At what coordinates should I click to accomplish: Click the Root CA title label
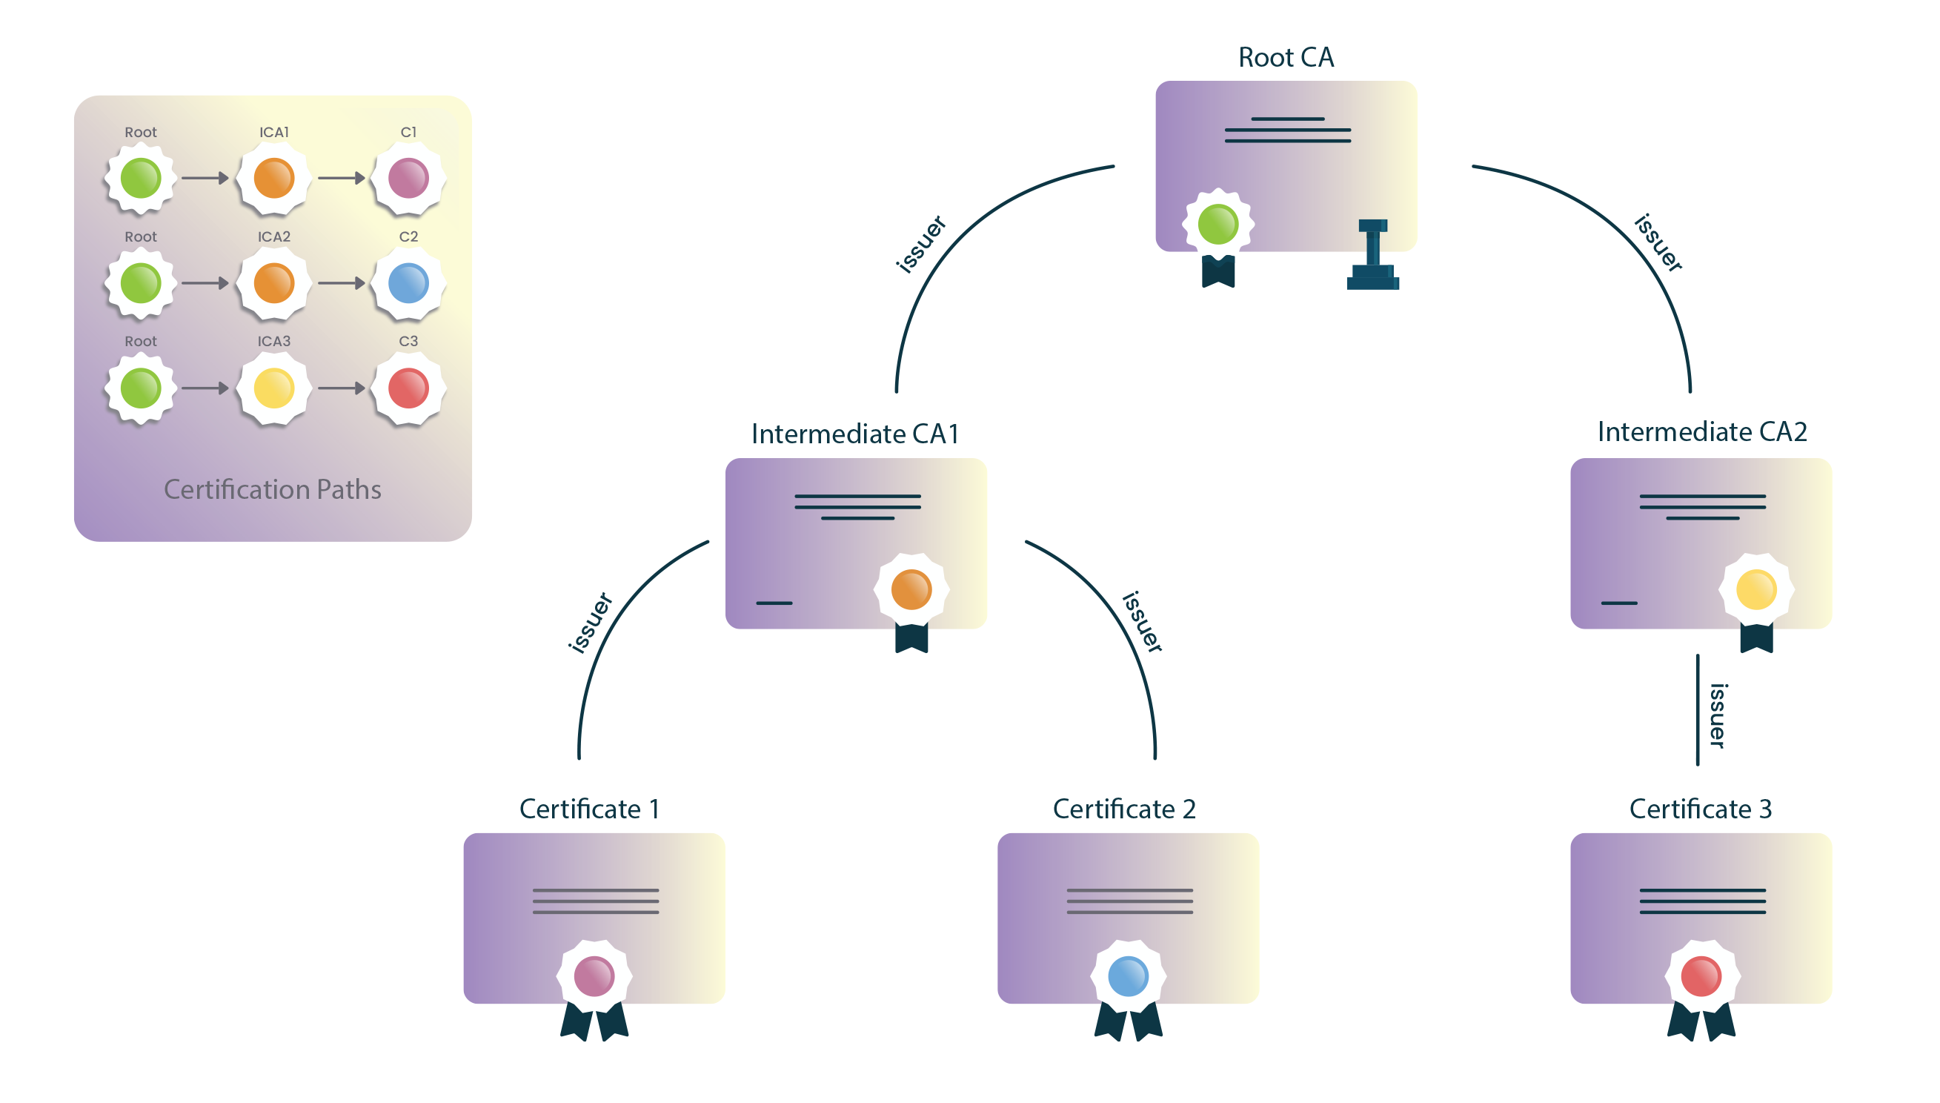point(1285,58)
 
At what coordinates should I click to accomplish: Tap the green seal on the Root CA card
point(1218,225)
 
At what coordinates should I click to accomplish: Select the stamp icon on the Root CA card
point(1372,255)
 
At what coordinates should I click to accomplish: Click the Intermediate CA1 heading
point(855,434)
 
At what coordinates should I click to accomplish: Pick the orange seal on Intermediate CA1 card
point(911,589)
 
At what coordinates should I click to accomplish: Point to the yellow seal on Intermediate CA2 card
point(1755,589)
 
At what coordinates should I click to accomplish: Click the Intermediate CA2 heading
point(1701,431)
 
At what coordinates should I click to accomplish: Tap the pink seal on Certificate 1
point(594,976)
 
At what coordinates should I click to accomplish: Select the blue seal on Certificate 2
point(1128,976)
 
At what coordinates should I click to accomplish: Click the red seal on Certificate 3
point(1701,976)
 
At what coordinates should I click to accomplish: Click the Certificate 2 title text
point(1123,808)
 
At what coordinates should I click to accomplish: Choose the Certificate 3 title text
point(1700,808)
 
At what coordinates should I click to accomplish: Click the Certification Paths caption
point(273,489)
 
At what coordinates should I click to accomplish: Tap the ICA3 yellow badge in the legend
point(273,388)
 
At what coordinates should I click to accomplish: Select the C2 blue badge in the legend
point(408,283)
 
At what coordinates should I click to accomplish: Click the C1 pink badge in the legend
point(408,178)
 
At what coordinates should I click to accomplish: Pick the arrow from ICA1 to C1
point(341,178)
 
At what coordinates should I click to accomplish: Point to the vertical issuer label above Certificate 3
point(1718,715)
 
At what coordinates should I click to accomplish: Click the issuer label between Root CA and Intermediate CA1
point(920,244)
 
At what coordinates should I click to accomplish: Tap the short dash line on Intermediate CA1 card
point(774,603)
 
